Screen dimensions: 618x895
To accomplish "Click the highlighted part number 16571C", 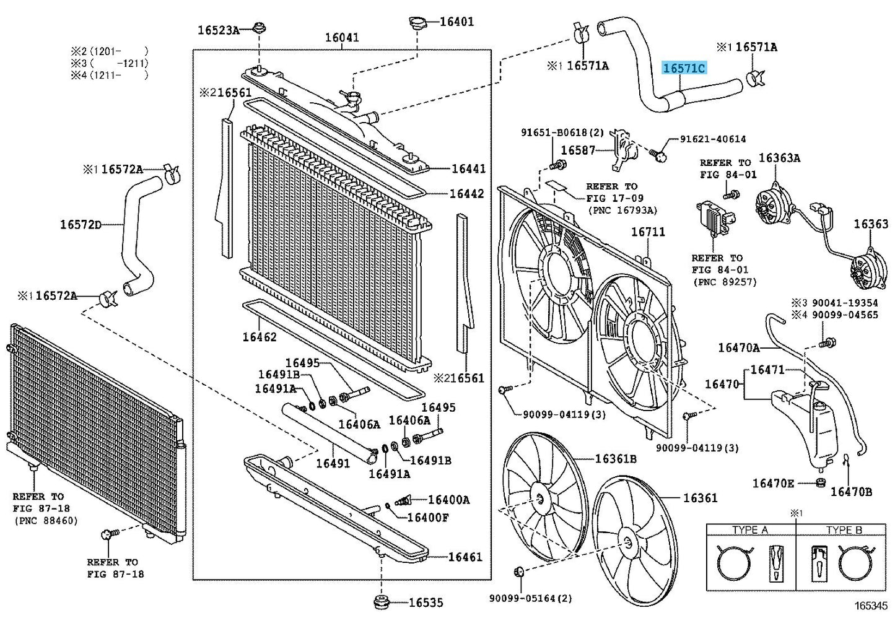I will pyautogui.click(x=684, y=68).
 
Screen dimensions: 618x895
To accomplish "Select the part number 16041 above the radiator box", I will pyautogui.click(x=342, y=38).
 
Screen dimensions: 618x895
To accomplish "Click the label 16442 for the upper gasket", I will pyautogui.click(x=466, y=194).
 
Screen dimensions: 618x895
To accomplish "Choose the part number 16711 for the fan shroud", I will pyautogui.click(x=648, y=232).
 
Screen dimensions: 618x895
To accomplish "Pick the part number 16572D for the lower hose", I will pyautogui.click(x=81, y=225).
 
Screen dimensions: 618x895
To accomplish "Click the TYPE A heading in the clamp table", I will pyautogui.click(x=749, y=530).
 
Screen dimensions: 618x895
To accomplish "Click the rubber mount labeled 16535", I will pyautogui.click(x=380, y=601).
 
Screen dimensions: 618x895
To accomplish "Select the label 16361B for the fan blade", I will pyautogui.click(x=616, y=459).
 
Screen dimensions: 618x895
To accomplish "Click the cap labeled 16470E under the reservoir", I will pyautogui.click(x=821, y=482).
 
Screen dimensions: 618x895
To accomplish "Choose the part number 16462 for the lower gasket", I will pyautogui.click(x=260, y=337).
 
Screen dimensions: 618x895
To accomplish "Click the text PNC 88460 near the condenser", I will pyautogui.click(x=46, y=520).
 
